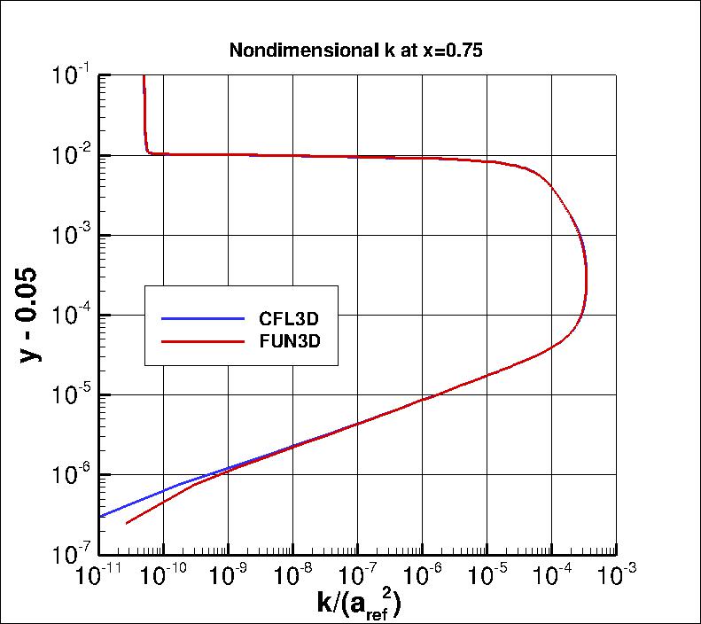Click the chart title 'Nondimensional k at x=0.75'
tap(355, 51)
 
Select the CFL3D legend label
tap(289, 318)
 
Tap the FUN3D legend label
tap(289, 339)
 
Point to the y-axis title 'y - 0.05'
tap(32, 315)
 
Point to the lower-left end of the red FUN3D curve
tap(127, 523)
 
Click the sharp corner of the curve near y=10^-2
tap(147, 152)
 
